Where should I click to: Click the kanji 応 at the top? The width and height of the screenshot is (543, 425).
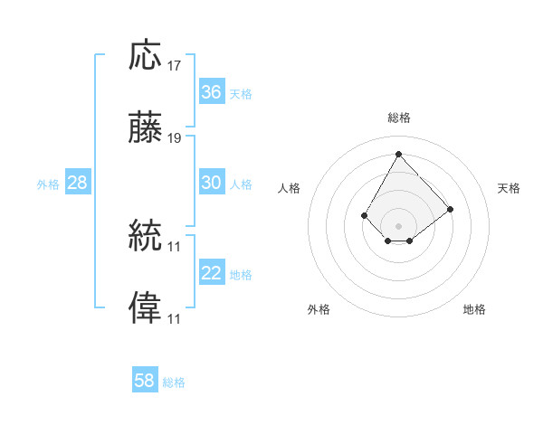pyautogui.click(x=145, y=54)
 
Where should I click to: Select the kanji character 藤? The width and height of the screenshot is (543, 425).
pyautogui.click(x=145, y=127)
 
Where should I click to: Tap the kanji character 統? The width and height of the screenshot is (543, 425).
pyautogui.click(x=145, y=235)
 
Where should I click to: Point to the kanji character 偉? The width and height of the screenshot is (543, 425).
pyautogui.click(x=145, y=307)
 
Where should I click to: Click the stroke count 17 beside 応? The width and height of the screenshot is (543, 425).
pyautogui.click(x=174, y=66)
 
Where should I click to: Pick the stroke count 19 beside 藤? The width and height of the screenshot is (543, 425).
pyautogui.click(x=174, y=138)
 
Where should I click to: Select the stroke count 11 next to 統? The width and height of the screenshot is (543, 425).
pyautogui.click(x=174, y=247)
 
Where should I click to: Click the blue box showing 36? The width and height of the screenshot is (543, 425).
pyautogui.click(x=212, y=91)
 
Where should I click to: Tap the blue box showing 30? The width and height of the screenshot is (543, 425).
pyautogui.click(x=212, y=182)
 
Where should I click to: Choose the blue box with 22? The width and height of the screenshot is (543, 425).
pyautogui.click(x=212, y=271)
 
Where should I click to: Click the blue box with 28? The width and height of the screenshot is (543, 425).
pyautogui.click(x=78, y=182)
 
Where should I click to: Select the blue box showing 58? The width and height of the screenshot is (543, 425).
pyautogui.click(x=145, y=379)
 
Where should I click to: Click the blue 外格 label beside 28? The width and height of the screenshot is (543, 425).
pyautogui.click(x=48, y=184)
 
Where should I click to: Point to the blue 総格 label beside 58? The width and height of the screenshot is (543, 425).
pyautogui.click(x=174, y=382)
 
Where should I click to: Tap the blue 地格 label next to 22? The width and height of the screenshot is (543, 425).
pyautogui.click(x=241, y=275)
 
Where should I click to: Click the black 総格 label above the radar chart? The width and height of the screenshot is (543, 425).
pyautogui.click(x=399, y=118)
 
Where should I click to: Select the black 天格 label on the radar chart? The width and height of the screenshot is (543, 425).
pyautogui.click(x=509, y=188)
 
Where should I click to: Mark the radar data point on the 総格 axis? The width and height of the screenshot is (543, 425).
pyautogui.click(x=398, y=154)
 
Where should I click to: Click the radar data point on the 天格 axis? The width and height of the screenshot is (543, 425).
pyautogui.click(x=450, y=210)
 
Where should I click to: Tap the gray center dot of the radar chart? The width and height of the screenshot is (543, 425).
pyautogui.click(x=398, y=226)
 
